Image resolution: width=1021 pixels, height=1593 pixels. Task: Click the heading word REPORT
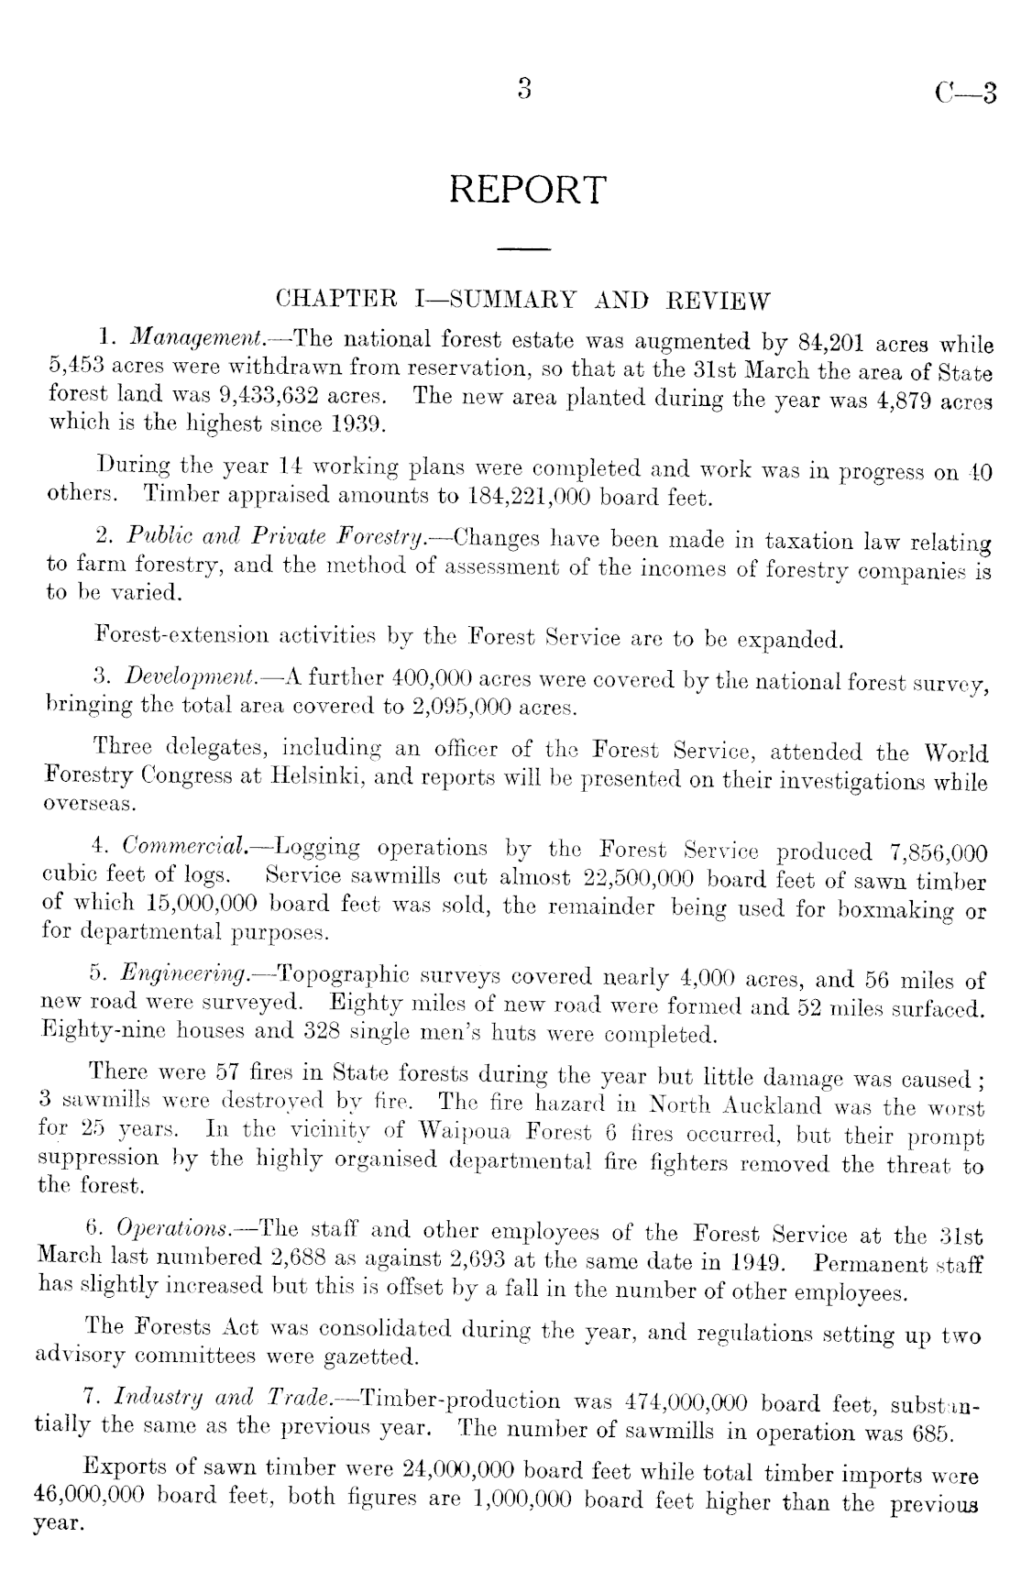528,190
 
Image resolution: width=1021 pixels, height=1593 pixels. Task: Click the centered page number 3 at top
524,89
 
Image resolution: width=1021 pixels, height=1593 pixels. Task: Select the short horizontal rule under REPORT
523,248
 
